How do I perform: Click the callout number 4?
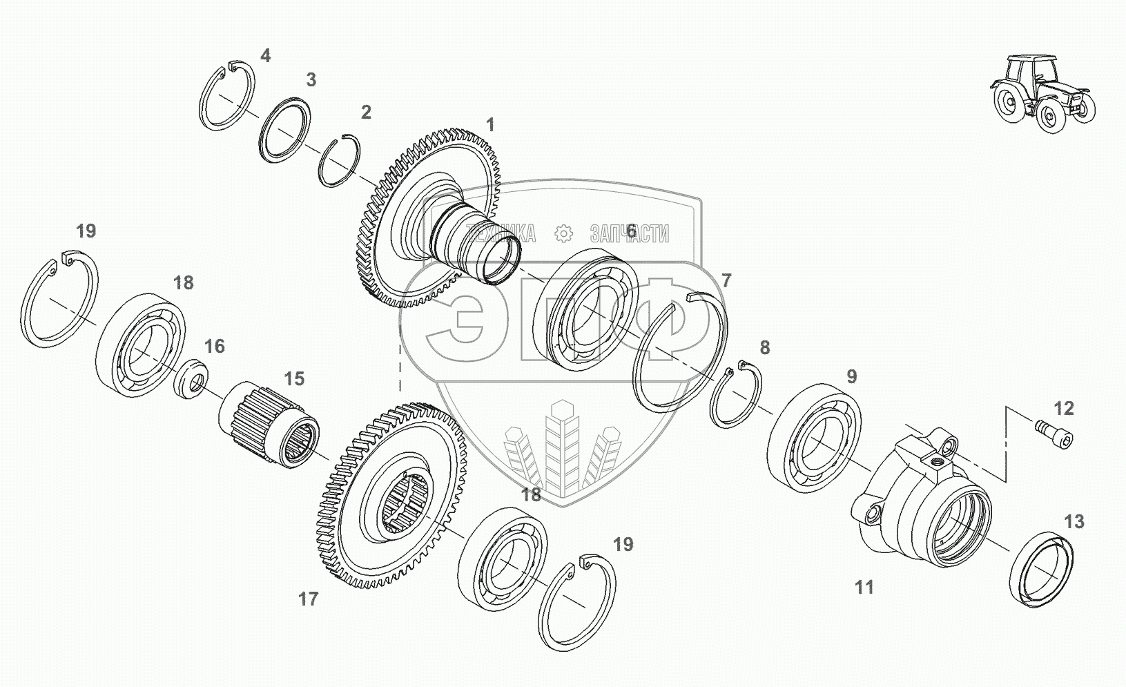tap(265, 56)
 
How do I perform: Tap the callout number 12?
tap(1063, 409)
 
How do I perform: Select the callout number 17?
tap(308, 599)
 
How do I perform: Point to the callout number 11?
tap(864, 587)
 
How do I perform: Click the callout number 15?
tap(294, 378)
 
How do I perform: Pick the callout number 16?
tap(214, 347)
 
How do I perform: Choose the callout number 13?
tap(1074, 522)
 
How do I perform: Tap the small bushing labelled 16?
tap(191, 379)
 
